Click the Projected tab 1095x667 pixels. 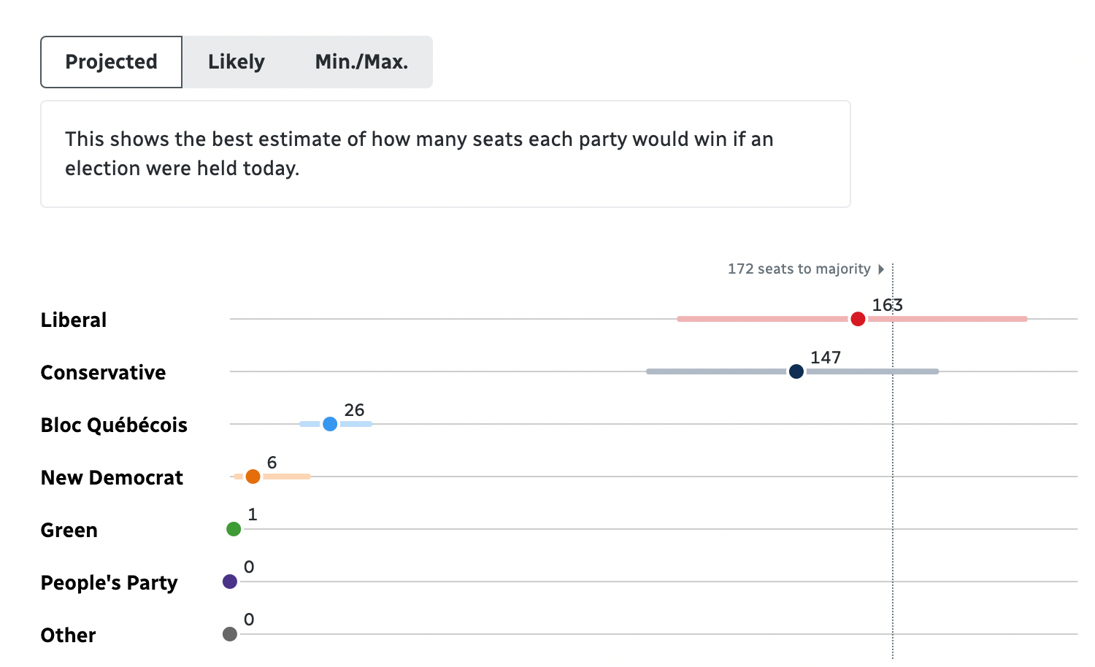coord(111,62)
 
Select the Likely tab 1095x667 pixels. coord(236,62)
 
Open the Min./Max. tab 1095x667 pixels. coord(361,62)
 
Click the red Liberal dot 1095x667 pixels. coord(858,319)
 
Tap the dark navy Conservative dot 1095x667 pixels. coord(796,371)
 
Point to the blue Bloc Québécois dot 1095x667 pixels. coord(330,424)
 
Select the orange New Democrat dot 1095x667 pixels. coord(253,477)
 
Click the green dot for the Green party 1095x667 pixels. coord(234,529)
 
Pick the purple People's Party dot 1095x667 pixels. coord(230,582)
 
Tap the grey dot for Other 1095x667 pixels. coord(230,634)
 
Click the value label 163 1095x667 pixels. coord(887,305)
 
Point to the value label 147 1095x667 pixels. coord(826,358)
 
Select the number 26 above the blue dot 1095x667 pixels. coord(354,410)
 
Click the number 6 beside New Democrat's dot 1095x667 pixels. coord(272,463)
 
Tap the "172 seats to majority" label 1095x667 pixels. coord(799,269)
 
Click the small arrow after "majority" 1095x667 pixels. coord(881,269)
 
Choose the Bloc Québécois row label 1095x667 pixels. coord(114,425)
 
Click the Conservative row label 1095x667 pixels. coord(103,372)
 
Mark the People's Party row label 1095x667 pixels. coord(109,582)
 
